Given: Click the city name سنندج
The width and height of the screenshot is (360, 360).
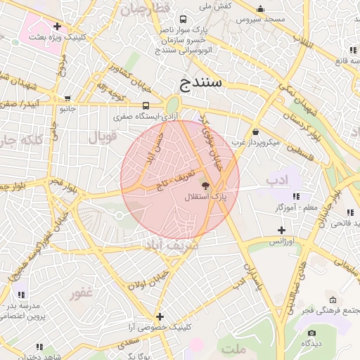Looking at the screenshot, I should tap(202, 83).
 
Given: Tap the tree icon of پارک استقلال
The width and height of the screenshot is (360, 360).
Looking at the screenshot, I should tap(205, 187).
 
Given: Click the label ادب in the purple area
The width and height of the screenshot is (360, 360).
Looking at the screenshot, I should tap(278, 181).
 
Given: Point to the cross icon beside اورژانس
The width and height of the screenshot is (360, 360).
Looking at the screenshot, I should tap(281, 230).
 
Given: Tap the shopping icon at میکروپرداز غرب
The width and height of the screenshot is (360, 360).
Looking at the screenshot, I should tap(255, 131).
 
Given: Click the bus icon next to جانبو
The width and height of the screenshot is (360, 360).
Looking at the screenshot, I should tap(67, 98).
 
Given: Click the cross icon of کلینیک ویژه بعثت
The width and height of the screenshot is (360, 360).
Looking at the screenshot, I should tap(56, 27).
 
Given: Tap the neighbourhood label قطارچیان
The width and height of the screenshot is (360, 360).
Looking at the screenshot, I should tap(146, 8).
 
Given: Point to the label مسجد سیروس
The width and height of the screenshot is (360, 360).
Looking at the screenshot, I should tap(261, 19).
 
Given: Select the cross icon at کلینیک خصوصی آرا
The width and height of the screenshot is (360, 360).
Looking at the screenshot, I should tap(160, 316).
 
